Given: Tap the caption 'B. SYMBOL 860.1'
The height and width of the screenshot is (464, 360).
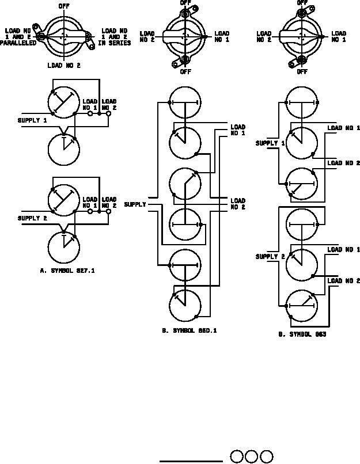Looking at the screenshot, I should [x=190, y=331].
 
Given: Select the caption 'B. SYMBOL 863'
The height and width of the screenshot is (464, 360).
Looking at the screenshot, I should [x=302, y=334].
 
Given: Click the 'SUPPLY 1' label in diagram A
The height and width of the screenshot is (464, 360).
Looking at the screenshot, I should [x=32, y=120].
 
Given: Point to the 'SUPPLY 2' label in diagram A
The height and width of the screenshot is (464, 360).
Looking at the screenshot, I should [x=32, y=218].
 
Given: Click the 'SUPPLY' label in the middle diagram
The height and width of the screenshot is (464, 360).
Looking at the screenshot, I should [x=135, y=204].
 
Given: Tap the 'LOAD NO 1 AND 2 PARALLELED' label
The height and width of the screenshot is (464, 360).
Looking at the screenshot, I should [x=19, y=37].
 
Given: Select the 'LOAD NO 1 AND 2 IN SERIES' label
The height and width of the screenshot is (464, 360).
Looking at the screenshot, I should [x=116, y=37].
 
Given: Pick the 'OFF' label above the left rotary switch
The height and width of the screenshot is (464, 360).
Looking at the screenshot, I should [x=64, y=6].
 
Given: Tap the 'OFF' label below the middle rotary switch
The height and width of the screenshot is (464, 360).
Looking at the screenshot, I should [x=185, y=72].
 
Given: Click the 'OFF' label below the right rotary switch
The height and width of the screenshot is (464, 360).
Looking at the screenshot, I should [x=302, y=72].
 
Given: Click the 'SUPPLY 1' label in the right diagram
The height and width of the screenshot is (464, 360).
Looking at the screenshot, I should [x=270, y=143].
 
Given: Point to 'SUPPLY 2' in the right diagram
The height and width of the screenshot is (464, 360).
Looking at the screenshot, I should [x=270, y=257].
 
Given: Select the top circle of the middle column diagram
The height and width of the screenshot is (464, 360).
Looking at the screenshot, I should [x=185, y=102].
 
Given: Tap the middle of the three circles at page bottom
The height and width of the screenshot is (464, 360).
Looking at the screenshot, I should [x=251, y=457].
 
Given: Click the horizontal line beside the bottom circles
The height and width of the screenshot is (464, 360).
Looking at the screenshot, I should [x=191, y=461].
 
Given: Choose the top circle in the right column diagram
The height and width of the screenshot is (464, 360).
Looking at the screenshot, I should [x=302, y=102].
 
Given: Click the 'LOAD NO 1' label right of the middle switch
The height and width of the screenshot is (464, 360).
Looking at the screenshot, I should [x=222, y=37].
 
